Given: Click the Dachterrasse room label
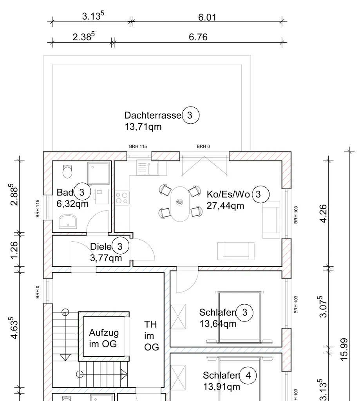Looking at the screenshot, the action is tap(153, 116).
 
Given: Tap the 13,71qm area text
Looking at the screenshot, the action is tap(143, 127).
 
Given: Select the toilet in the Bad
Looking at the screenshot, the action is tap(67, 172).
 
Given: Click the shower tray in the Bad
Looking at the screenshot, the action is tap(98, 173).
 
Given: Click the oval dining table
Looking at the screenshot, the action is tap(180, 204).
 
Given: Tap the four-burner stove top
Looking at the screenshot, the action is tap(122, 198).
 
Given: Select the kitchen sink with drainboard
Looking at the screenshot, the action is tap(148, 168).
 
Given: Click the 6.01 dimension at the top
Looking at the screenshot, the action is tap(207, 17).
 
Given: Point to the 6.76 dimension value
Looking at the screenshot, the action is tap(198, 37).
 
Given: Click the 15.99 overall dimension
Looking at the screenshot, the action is tap(344, 349).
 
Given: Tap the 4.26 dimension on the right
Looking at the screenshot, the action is tap(324, 213).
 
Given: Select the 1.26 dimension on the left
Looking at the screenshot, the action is tap(14, 250).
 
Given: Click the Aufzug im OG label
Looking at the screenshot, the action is tap(104, 338).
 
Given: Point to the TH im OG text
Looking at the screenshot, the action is tap(152, 336).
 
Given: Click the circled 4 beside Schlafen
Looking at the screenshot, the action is tap(248, 376).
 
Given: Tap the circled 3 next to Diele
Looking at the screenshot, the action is tap(120, 246).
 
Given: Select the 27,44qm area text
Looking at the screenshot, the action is tap(225, 206).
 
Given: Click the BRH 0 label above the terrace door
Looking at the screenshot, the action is tap(203, 146).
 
